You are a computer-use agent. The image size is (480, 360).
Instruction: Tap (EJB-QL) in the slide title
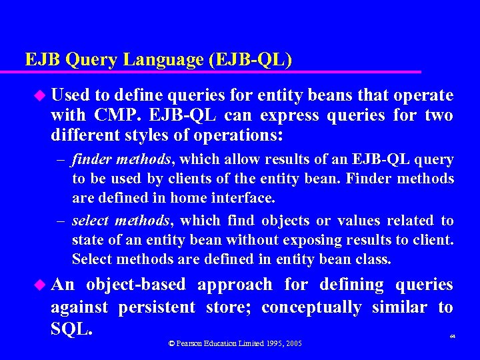pos(250,60)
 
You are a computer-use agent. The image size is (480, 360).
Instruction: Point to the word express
pos(289,115)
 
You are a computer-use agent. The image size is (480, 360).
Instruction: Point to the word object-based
pos(135,285)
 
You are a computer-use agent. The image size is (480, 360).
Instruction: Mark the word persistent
pos(157,307)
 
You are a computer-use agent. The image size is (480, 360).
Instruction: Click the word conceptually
pos(311,307)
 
